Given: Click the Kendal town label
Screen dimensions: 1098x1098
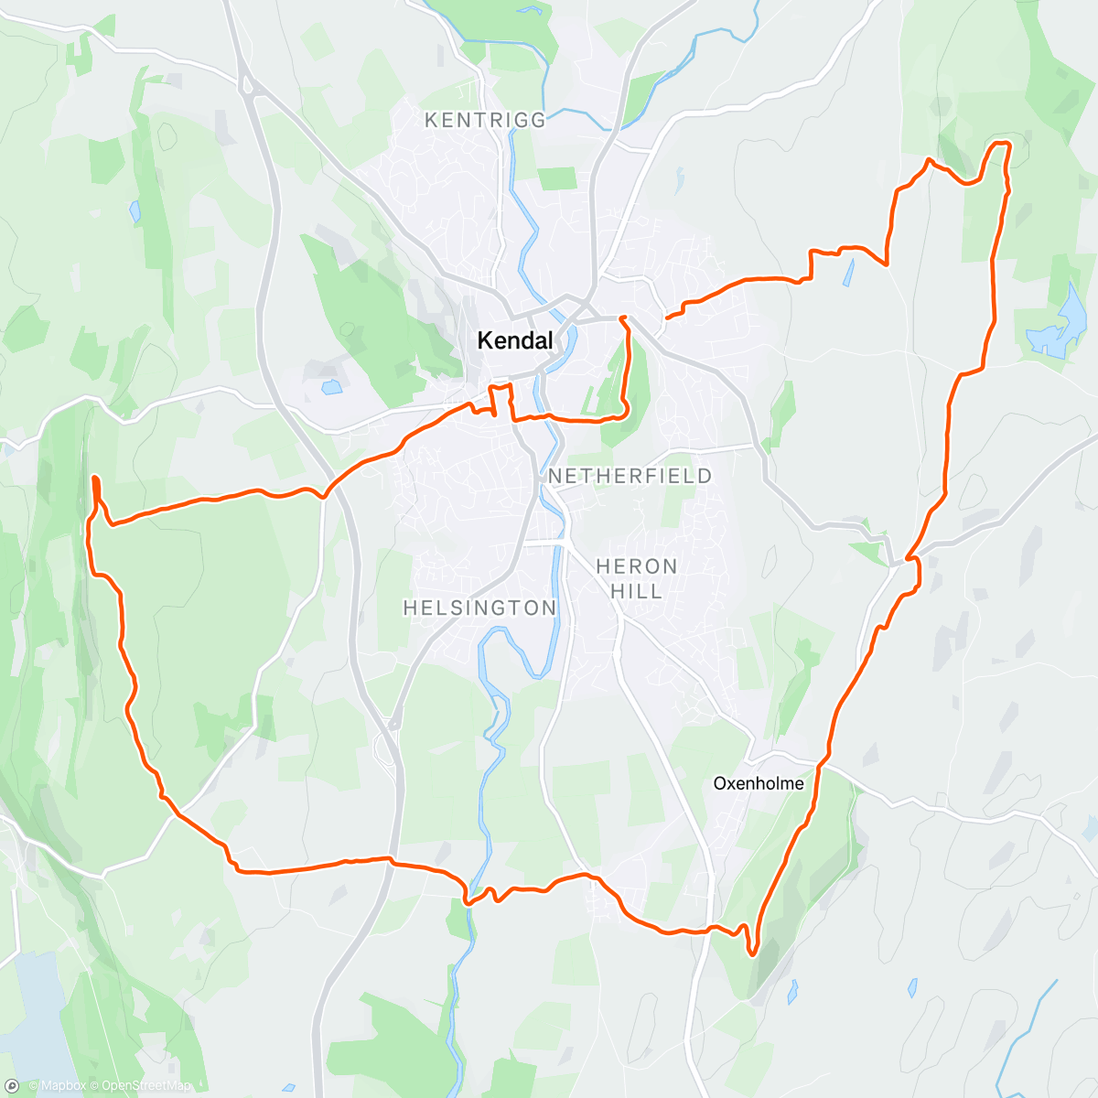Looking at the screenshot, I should (515, 341).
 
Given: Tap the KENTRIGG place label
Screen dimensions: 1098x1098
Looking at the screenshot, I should (485, 120).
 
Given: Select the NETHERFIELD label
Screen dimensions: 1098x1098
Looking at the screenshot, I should (630, 476).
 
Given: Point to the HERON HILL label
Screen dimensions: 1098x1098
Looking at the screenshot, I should (636, 578).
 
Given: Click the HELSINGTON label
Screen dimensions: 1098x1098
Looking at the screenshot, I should (479, 608).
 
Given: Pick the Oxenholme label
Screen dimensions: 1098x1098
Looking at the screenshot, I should (759, 783).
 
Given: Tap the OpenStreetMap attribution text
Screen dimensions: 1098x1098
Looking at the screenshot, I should (146, 1086).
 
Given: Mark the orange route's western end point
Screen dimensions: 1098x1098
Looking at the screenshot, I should (95, 478).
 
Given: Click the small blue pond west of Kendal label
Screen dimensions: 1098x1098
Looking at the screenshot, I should (331, 387).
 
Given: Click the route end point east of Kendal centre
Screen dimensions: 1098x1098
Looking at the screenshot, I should (667, 317).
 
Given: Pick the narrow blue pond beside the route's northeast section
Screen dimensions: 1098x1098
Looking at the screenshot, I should (850, 272).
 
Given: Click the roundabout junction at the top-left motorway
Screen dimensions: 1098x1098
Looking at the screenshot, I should (247, 86).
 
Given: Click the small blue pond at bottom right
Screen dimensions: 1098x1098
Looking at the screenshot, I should (912, 988).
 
